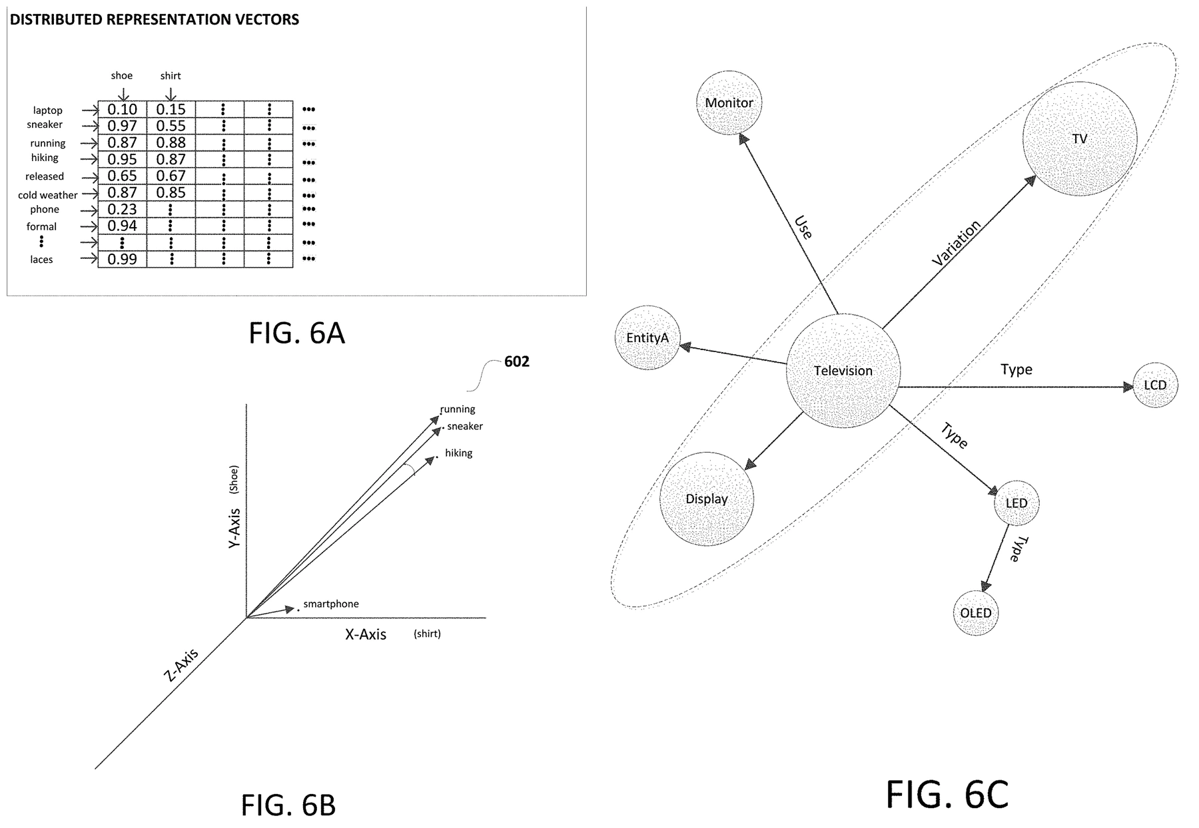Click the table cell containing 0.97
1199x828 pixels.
[x=122, y=126]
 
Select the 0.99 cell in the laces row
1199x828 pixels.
[x=122, y=259]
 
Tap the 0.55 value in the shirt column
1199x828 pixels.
[x=171, y=126]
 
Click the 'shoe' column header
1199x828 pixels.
[x=122, y=76]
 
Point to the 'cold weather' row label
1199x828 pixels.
[x=47, y=195]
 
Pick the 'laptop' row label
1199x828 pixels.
[x=47, y=110]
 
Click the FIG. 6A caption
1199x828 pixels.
[x=296, y=333]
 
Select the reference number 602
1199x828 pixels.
[x=516, y=361]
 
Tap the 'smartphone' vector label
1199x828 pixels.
[x=331, y=604]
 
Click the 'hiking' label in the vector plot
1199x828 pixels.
[x=458, y=453]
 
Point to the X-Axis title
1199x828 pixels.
[x=365, y=634]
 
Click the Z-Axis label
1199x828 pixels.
[x=181, y=665]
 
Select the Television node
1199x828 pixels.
[x=843, y=371]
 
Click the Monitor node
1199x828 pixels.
[x=729, y=103]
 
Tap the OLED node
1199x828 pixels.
[x=975, y=612]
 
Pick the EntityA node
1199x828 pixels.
[x=647, y=337]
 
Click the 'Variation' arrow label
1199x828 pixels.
[x=957, y=243]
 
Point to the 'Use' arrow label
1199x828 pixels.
[x=803, y=228]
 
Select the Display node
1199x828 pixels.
[x=707, y=499]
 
